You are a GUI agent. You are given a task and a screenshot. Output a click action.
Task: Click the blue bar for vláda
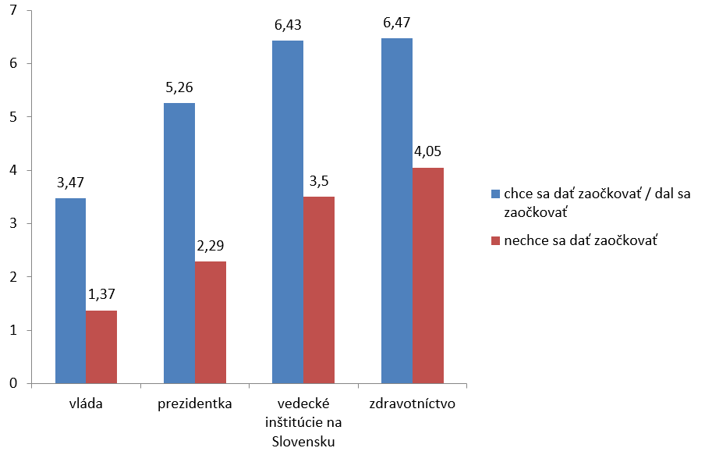click(x=70, y=290)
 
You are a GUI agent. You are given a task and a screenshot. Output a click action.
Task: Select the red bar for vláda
click(x=101, y=347)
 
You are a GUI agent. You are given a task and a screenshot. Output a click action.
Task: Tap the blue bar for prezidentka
click(x=179, y=243)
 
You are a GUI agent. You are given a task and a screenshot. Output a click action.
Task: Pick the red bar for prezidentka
click(x=211, y=322)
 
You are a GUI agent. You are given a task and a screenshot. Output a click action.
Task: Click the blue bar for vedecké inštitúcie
click(x=288, y=212)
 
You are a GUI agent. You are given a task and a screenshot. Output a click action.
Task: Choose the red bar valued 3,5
click(x=319, y=290)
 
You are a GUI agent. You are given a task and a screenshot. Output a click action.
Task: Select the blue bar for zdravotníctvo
click(x=397, y=211)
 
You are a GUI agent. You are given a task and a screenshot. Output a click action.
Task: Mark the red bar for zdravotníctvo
click(x=428, y=275)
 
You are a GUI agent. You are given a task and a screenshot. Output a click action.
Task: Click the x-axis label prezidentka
click(x=195, y=405)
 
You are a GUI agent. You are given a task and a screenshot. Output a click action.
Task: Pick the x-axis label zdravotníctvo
click(x=413, y=405)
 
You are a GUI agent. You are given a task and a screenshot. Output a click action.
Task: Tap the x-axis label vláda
click(x=86, y=405)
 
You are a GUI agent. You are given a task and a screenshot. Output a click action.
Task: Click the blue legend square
click(x=496, y=194)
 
